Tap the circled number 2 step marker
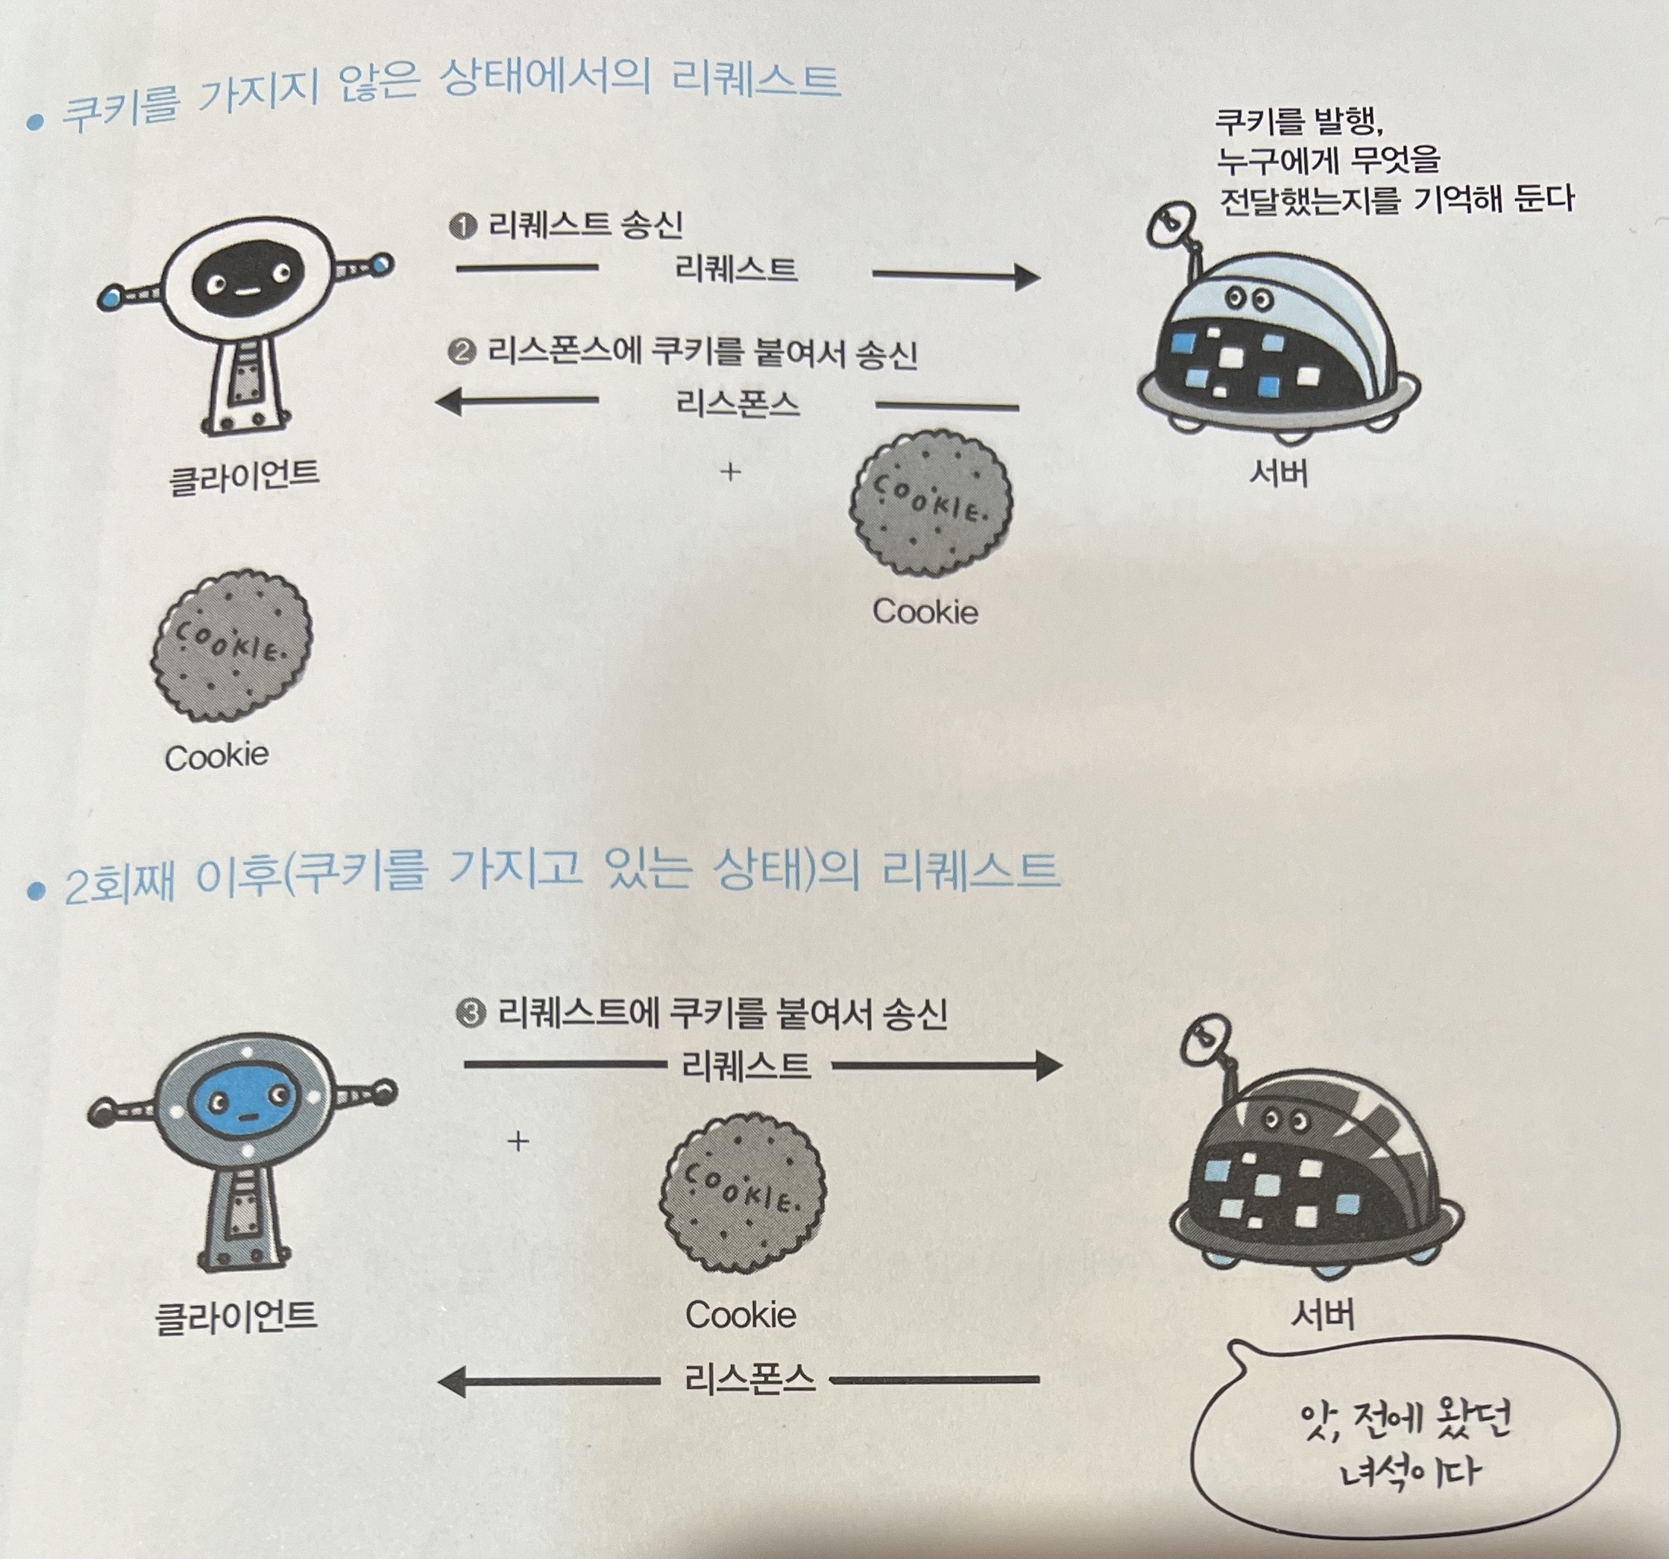[x=461, y=354]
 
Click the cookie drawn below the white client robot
[x=231, y=646]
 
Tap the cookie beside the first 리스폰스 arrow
[x=931, y=504]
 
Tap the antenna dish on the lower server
[x=1205, y=1039]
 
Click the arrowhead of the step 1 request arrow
[x=1028, y=276]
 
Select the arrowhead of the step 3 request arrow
[x=1050, y=1067]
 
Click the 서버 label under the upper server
[x=1279, y=474]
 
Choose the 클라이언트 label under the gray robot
[x=236, y=1315]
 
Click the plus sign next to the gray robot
[x=519, y=1141]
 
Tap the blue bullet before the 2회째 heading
[x=35, y=890]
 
